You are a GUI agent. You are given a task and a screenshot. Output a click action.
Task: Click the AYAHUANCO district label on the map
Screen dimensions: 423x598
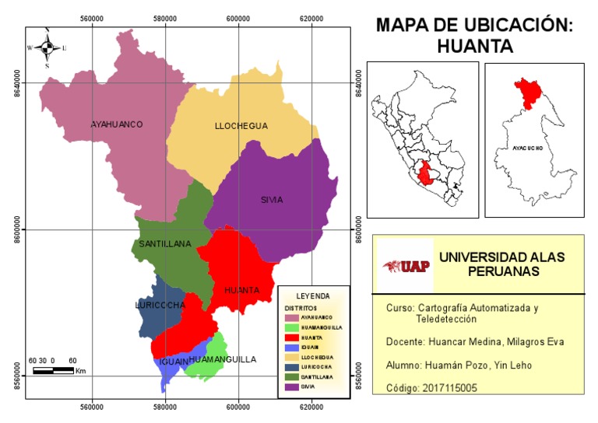(x=117, y=124)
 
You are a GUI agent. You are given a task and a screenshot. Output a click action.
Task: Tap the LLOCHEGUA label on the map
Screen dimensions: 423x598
(x=241, y=126)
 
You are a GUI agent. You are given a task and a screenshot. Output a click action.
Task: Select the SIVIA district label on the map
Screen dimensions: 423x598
(x=272, y=200)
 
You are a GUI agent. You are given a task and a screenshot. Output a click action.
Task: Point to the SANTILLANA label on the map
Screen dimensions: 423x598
(x=165, y=244)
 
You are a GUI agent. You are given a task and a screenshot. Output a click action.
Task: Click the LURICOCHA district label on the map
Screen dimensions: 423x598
(x=160, y=306)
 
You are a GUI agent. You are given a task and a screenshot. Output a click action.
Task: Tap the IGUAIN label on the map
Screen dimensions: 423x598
(x=174, y=362)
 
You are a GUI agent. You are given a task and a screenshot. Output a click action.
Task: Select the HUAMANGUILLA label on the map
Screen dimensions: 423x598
(x=223, y=360)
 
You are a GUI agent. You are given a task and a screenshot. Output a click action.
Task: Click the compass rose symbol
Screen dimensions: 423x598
(x=47, y=48)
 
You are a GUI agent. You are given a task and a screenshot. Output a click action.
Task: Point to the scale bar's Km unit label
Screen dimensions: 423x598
(x=80, y=371)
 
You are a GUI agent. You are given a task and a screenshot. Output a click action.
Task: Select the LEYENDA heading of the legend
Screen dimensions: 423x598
(x=313, y=296)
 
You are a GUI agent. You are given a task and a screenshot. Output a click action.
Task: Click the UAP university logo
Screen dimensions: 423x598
(x=402, y=265)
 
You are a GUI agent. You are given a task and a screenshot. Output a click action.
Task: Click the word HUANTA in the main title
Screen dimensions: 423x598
(x=475, y=47)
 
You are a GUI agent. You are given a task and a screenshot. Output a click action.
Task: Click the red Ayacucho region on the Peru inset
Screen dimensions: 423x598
(x=425, y=173)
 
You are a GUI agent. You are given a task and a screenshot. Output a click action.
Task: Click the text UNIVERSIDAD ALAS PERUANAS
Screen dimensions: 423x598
(x=502, y=264)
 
